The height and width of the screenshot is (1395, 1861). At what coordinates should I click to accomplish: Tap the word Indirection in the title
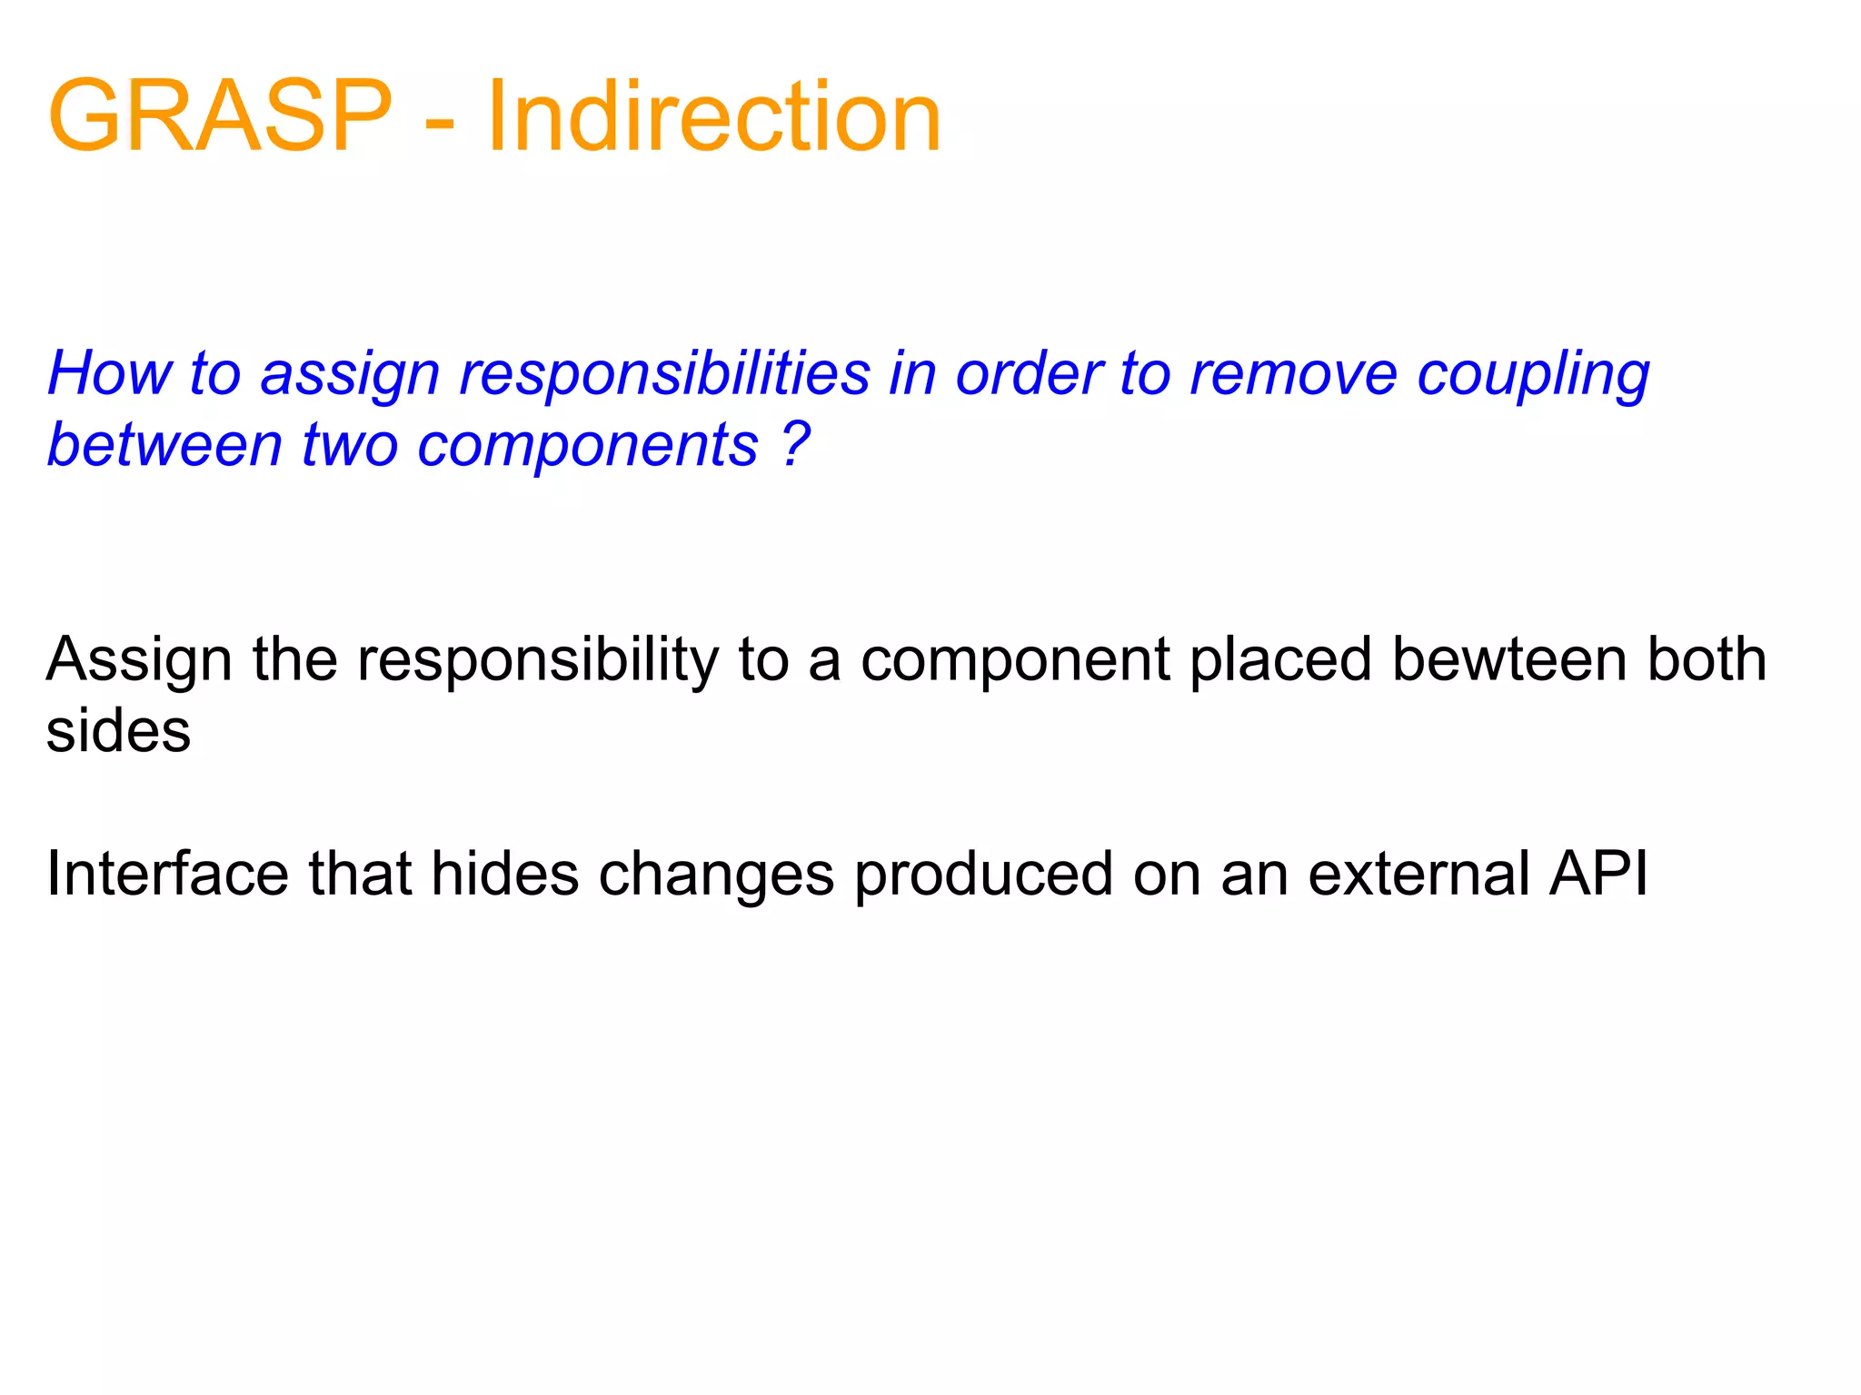714,116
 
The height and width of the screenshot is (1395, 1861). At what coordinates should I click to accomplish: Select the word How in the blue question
109,373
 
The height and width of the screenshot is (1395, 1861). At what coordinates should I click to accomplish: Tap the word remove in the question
1292,373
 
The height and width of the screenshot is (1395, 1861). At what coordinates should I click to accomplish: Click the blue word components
587,446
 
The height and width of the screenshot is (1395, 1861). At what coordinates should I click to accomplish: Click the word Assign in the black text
138,661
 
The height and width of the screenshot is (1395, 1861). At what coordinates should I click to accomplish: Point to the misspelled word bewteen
1508,659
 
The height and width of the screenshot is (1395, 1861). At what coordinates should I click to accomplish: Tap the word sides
118,731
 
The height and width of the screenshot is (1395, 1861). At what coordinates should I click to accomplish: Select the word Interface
167,874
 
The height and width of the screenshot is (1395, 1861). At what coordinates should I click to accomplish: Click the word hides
504,874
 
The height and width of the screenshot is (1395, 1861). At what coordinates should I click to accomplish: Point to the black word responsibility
536,661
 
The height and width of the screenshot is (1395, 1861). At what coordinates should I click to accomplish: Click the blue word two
349,446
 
